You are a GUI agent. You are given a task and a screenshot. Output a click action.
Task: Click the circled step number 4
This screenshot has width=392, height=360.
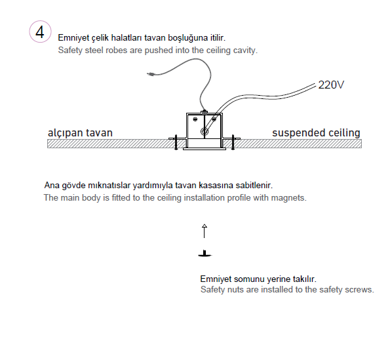40,31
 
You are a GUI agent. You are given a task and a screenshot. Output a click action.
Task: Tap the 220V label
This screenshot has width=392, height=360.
331,85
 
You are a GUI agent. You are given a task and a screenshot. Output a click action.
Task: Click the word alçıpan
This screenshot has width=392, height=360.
66,133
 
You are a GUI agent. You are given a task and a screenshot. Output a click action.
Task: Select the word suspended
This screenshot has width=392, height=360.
299,132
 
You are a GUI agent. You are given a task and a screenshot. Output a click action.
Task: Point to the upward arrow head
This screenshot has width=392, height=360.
205,226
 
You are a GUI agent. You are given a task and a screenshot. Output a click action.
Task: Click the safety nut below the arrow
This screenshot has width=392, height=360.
205,254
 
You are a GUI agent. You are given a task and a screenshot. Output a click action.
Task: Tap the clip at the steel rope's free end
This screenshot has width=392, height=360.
150,73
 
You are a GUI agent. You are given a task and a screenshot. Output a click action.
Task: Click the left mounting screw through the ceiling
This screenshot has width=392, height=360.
176,142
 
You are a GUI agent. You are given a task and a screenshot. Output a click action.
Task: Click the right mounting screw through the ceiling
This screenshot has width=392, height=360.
233,142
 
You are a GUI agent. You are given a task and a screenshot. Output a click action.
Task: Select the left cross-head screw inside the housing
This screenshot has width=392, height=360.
195,119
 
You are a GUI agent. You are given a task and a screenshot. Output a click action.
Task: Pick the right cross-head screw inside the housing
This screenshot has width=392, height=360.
214,119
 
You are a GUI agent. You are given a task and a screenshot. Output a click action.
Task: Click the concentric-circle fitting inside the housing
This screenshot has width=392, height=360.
205,132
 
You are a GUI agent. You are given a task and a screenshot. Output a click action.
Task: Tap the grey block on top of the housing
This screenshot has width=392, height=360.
205,113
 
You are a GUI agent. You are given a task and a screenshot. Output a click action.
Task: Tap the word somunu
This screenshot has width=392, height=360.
249,279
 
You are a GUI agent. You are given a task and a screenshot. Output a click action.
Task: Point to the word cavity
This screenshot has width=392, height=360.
245,50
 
